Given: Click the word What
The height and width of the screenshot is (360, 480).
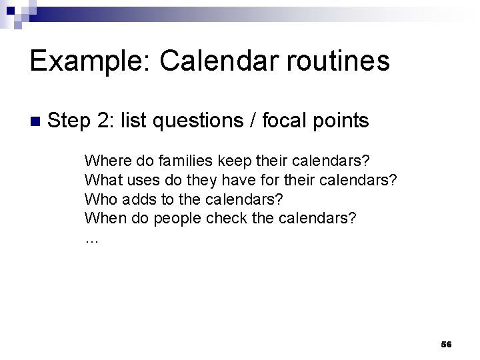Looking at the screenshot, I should [100, 179].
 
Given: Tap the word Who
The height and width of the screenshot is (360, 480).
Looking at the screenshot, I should [98, 199].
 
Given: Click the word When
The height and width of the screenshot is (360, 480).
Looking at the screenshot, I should [102, 218].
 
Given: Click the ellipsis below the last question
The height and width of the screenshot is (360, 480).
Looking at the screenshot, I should [91, 239].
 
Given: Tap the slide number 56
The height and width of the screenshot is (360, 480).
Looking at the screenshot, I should [446, 345].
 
